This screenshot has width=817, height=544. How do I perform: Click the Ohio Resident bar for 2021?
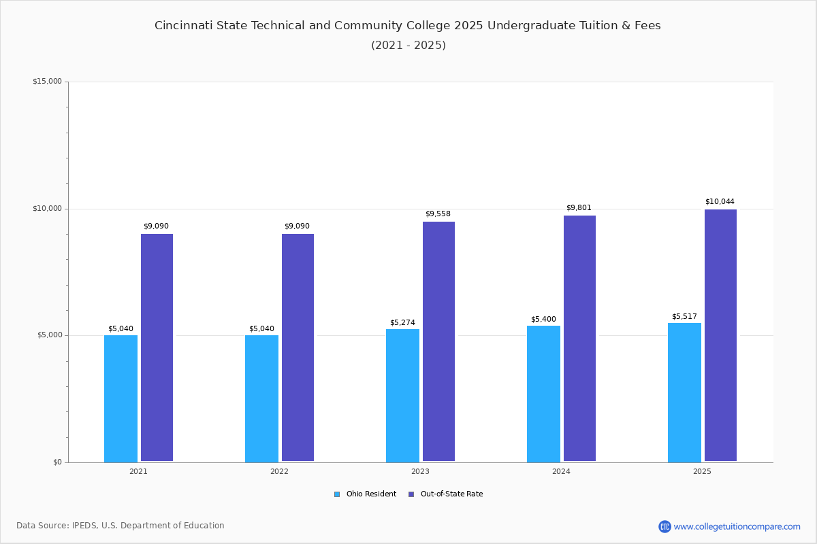(121, 398)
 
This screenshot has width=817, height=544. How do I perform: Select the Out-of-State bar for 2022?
(298, 347)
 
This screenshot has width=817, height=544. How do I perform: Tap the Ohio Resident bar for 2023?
(402, 395)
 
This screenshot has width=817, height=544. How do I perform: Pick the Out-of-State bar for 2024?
(579, 339)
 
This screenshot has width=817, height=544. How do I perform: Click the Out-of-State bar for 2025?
(720, 335)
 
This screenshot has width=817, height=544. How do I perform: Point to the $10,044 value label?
(720, 202)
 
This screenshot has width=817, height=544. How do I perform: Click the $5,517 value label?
(684, 317)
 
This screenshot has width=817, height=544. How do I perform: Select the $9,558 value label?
(438, 214)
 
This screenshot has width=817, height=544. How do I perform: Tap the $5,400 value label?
(543, 320)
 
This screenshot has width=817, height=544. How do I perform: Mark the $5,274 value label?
(402, 323)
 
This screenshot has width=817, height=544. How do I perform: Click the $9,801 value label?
(579, 208)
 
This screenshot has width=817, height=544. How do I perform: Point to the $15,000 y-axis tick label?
(47, 82)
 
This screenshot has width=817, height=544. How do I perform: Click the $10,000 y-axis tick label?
(47, 209)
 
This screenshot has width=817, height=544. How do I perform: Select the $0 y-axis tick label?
(57, 462)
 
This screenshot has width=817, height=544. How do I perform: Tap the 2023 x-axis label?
(420, 471)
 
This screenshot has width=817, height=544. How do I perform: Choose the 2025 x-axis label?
(702, 471)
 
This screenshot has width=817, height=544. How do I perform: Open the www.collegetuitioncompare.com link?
(737, 526)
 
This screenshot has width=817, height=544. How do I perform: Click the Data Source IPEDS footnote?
(121, 526)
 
